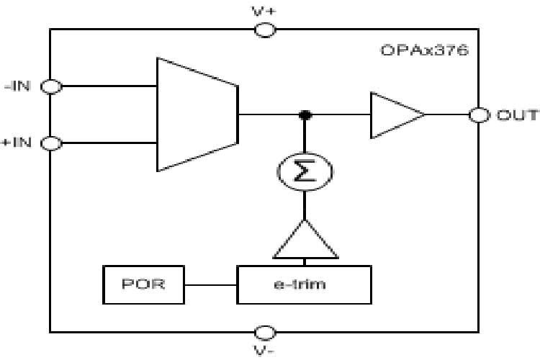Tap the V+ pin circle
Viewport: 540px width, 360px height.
[266, 30]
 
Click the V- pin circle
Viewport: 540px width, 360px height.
[266, 332]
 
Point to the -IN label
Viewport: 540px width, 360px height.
[17, 86]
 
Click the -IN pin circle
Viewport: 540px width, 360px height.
[51, 86]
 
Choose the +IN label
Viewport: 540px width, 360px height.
[17, 143]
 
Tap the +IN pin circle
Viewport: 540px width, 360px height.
[51, 143]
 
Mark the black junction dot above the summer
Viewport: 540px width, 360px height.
[305, 115]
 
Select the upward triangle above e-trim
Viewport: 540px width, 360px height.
[305, 241]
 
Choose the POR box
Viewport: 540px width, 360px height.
[143, 284]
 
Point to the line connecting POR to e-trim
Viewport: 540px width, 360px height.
[210, 284]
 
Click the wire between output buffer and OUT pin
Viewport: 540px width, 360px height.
[446, 115]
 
